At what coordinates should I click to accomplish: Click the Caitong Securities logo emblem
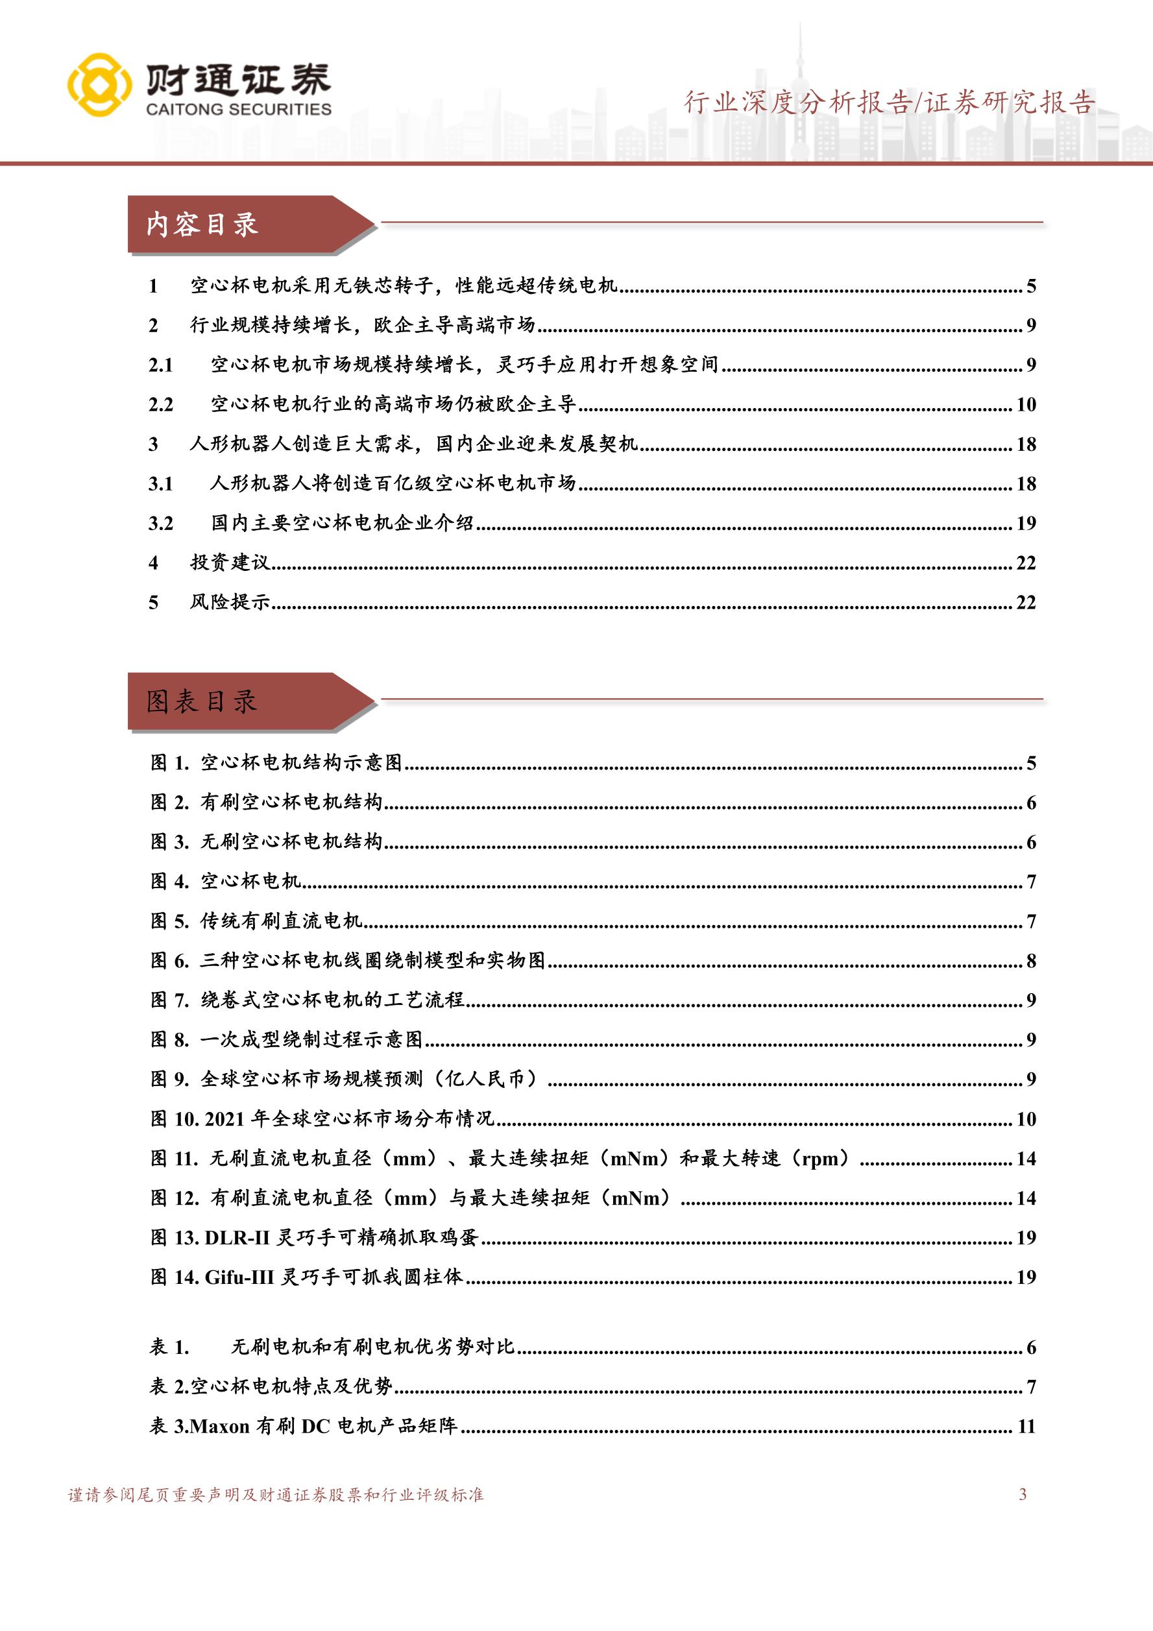(x=99, y=84)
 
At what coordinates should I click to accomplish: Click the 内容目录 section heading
(x=202, y=224)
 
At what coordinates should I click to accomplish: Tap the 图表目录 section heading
(x=202, y=702)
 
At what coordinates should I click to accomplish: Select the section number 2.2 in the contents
(x=160, y=404)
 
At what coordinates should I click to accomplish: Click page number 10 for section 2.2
(x=1026, y=404)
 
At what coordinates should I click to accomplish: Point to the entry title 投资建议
(x=230, y=562)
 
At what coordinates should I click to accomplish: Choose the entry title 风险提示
(x=230, y=603)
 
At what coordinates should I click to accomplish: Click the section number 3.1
(x=160, y=484)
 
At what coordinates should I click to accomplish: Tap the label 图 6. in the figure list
(x=170, y=960)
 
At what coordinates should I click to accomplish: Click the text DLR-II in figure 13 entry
(x=237, y=1237)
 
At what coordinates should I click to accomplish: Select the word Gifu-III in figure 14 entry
(x=239, y=1277)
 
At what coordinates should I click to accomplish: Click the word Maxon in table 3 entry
(x=220, y=1426)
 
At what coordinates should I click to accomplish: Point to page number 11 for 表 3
(x=1026, y=1426)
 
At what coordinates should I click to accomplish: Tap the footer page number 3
(x=1023, y=1494)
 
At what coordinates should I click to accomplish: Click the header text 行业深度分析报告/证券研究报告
(x=889, y=103)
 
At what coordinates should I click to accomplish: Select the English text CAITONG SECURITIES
(x=239, y=110)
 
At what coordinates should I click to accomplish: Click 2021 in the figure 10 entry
(x=225, y=1119)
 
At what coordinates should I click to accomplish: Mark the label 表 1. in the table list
(x=170, y=1347)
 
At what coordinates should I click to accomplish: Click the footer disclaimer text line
(x=276, y=1495)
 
